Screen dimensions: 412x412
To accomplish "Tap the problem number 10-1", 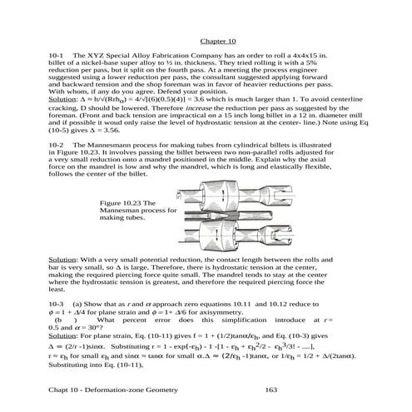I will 58,54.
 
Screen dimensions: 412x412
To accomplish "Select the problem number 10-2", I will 58,144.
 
